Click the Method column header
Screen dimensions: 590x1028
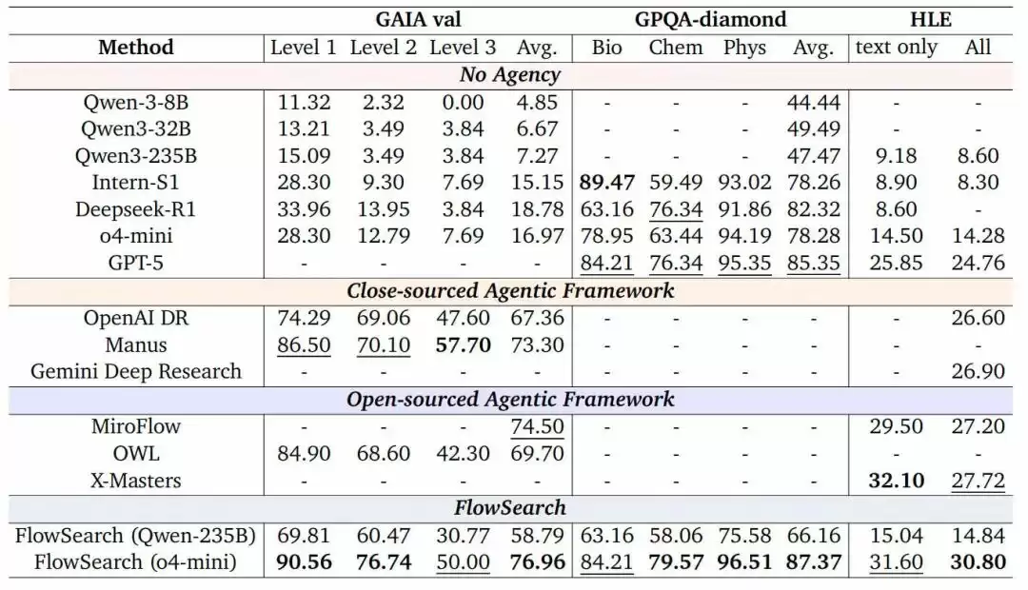point(136,48)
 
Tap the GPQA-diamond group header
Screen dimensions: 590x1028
point(710,19)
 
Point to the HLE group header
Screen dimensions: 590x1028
point(936,19)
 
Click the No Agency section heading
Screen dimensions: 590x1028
point(510,75)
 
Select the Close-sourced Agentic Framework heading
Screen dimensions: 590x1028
point(510,291)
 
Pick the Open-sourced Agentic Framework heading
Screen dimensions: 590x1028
point(510,400)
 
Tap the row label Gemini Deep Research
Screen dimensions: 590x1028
point(136,372)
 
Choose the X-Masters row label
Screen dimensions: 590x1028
point(136,481)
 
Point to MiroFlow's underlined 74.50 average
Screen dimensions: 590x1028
point(538,426)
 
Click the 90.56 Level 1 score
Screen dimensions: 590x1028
point(304,562)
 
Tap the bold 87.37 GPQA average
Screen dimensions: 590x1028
point(813,562)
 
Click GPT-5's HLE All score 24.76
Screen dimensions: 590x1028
point(978,264)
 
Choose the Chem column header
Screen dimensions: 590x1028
point(675,48)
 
